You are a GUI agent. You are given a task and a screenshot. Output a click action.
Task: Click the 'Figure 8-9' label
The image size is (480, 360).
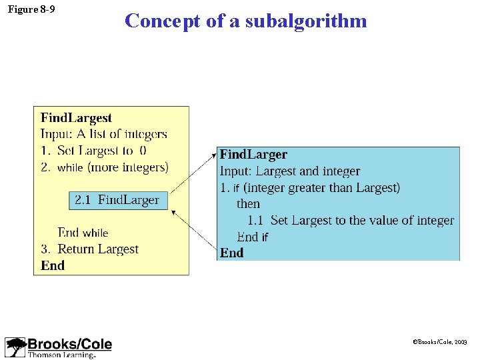(31, 10)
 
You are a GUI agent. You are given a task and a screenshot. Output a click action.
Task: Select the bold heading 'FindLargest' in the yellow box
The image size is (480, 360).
(76, 118)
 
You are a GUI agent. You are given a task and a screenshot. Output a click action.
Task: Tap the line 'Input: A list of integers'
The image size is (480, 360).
(103, 134)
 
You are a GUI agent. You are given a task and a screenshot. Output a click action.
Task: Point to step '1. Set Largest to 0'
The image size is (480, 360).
(94, 151)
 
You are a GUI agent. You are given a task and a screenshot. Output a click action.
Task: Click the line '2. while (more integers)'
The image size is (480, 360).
(105, 167)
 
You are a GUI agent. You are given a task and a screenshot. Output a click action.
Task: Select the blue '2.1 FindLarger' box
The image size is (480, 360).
(119, 200)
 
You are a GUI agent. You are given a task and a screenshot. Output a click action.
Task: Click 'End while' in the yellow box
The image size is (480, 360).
(83, 233)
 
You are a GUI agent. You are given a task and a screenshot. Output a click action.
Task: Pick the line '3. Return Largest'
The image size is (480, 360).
(89, 249)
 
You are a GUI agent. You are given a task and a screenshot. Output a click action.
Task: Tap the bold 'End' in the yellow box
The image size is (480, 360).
(53, 265)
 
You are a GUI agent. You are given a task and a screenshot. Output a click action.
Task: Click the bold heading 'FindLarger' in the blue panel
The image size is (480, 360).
(253, 155)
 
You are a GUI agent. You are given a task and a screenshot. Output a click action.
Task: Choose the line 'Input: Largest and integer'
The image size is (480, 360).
(290, 171)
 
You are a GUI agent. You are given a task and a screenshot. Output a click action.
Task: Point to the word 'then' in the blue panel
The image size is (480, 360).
(248, 204)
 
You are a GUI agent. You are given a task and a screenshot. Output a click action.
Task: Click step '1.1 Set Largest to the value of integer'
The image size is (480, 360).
(351, 220)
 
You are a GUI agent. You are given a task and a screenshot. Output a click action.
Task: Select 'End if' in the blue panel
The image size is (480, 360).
(252, 237)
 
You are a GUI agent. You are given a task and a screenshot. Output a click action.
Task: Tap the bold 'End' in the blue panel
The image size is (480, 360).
(231, 253)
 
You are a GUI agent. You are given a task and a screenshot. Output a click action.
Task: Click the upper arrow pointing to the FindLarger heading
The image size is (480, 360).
(193, 173)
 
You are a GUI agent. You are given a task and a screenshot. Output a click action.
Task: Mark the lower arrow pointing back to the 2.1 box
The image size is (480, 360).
(193, 230)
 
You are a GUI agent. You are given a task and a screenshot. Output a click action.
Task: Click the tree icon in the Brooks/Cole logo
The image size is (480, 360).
(15, 347)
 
